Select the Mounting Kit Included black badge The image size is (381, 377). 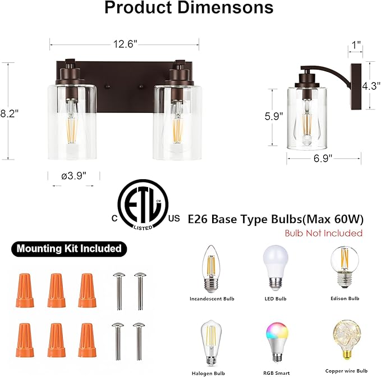[69, 248]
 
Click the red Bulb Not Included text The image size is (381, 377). [324, 233]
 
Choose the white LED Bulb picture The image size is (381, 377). [275, 267]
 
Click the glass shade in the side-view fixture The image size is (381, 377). [307, 118]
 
